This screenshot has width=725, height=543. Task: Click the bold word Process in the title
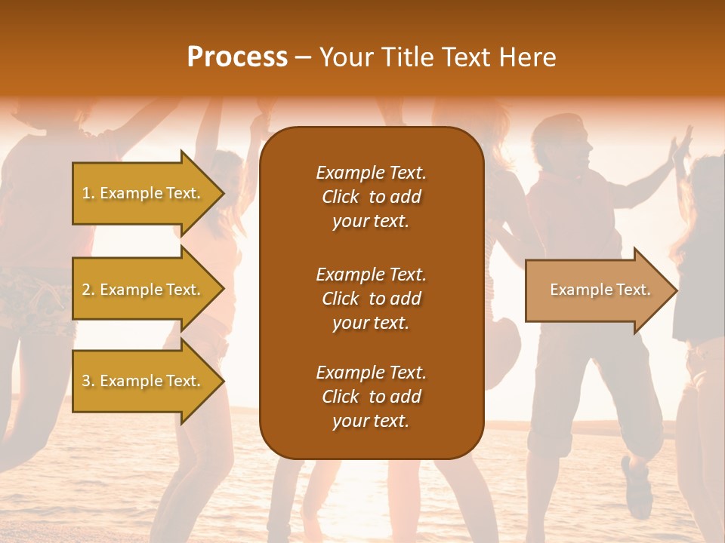pos(237,57)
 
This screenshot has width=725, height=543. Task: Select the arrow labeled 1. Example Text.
pos(143,193)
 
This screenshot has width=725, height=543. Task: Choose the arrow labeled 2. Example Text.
pos(143,290)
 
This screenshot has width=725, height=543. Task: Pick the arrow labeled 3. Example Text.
pos(143,381)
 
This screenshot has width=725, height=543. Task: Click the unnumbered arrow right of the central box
pos(597,290)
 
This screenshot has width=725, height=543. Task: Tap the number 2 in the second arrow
pos(87,290)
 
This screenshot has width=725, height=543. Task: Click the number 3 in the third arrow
pos(87,381)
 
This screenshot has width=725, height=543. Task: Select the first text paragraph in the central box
pos(371,197)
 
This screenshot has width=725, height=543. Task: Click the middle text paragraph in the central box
pos(371,299)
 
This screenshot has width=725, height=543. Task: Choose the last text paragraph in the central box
pos(371,397)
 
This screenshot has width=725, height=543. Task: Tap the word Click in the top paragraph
pos(341,197)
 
